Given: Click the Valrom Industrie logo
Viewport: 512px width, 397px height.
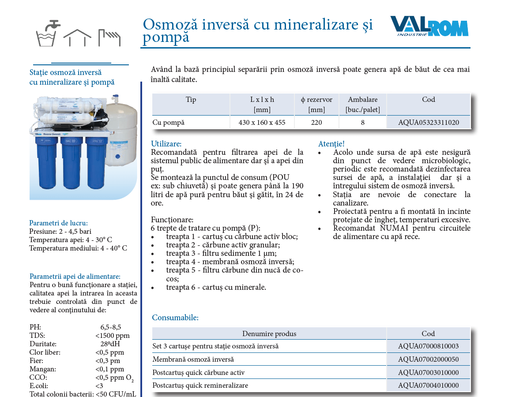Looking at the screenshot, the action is point(429,26).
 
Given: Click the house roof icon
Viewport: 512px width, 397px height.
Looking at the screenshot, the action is point(77,37).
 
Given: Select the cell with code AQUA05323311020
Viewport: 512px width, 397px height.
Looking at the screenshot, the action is point(429,122).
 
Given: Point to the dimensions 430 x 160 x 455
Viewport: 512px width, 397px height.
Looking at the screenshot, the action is point(262,122).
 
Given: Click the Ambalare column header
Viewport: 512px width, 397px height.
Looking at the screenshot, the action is point(362,105).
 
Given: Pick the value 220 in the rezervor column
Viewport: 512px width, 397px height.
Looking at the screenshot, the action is point(316,122).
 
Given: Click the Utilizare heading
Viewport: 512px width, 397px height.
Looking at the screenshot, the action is point(166,143).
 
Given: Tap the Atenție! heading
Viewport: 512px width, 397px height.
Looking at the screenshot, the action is point(331,143).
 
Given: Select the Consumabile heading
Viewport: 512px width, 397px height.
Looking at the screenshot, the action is point(175,318).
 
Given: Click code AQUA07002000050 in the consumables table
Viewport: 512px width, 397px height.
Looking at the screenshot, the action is point(429,359).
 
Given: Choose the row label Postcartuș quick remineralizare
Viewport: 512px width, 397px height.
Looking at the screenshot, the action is point(200,385).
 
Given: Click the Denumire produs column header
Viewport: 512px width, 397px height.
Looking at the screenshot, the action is point(269,333).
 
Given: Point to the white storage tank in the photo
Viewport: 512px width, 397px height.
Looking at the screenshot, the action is point(121,134).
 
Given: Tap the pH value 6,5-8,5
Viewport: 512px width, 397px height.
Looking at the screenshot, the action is point(111,327).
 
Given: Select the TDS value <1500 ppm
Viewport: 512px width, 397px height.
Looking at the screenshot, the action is point(113,335).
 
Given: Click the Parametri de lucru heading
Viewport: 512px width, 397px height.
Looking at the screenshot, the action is point(58,223).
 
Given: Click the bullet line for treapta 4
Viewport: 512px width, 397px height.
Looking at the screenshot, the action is point(230,262).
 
